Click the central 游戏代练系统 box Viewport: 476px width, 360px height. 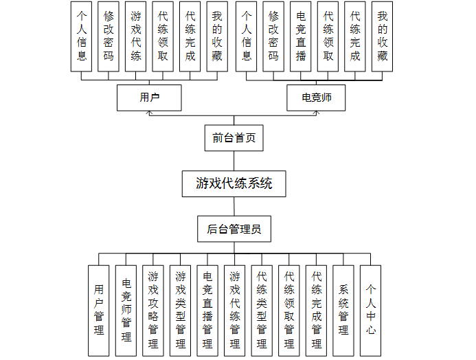[x=234, y=183]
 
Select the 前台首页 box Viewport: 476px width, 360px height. [x=234, y=137]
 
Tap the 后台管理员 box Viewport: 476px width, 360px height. [x=234, y=229]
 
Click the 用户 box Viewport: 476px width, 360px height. [x=149, y=98]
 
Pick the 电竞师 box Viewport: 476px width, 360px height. [x=317, y=98]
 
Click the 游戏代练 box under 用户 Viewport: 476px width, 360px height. [x=136, y=36]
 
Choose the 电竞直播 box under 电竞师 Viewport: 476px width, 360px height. [x=300, y=36]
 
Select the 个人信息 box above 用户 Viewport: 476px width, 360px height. [x=82, y=36]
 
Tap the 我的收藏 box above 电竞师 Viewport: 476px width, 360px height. [x=382, y=36]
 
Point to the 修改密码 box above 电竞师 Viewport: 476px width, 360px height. [x=273, y=36]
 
